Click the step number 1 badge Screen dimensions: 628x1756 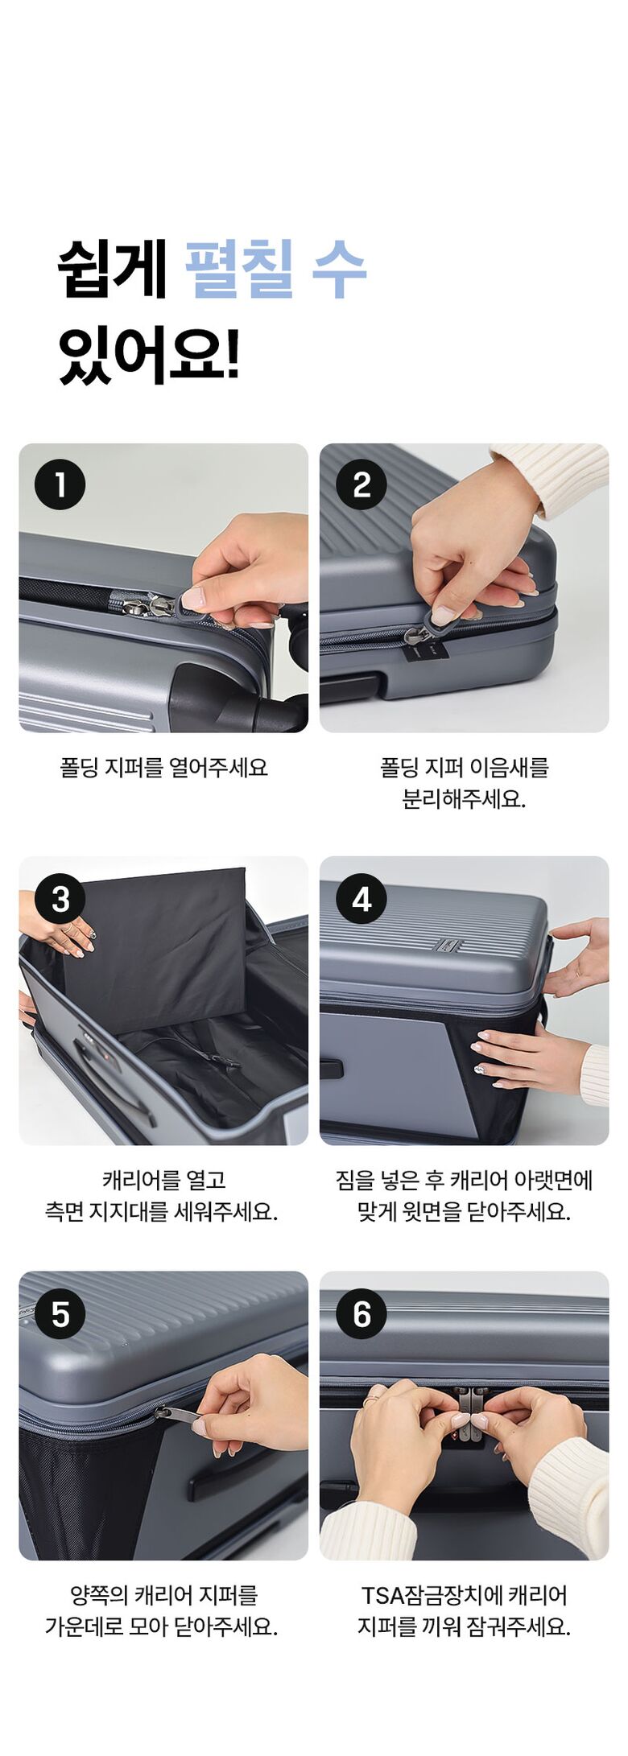coord(60,484)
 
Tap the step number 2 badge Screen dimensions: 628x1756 coord(362,484)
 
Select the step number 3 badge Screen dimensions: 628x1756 coord(60,899)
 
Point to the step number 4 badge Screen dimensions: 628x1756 coord(362,899)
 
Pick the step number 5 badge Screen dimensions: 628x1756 coord(60,1314)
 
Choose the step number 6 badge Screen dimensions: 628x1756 coord(362,1314)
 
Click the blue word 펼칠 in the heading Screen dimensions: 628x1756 coord(239,269)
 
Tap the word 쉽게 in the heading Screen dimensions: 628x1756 coord(112,269)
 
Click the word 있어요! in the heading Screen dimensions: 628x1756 coord(149,354)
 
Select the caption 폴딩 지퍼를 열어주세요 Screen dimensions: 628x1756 coord(163,768)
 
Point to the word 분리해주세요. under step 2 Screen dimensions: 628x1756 coord(464,799)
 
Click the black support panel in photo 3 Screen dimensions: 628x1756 coord(155,950)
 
